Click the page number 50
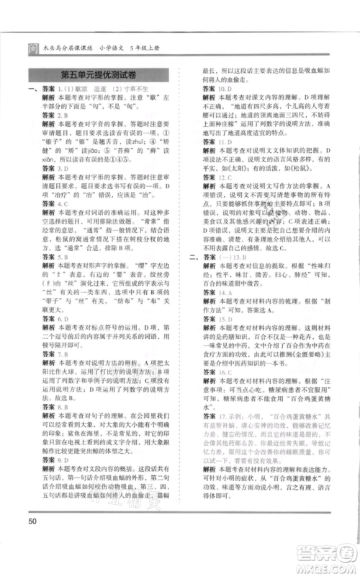click(32, 521)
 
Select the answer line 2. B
click(55, 115)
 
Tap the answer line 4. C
click(55, 204)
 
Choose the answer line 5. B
click(55, 256)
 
